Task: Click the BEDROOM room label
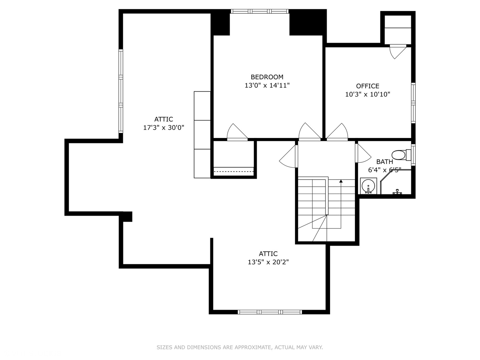click(x=267, y=77)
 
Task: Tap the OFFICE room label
click(x=367, y=86)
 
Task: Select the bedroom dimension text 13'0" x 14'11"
click(x=267, y=85)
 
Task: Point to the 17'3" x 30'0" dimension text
click(x=164, y=128)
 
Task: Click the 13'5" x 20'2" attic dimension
click(x=268, y=262)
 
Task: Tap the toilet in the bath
click(x=399, y=155)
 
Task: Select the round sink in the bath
click(x=368, y=185)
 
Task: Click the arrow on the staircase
click(x=341, y=182)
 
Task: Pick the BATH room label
click(x=384, y=162)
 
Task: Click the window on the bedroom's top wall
click(x=260, y=11)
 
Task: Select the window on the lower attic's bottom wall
click(x=270, y=312)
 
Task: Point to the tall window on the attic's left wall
click(x=121, y=91)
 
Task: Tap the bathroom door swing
click(x=363, y=154)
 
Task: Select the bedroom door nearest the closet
click(x=237, y=132)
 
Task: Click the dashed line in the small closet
click(x=234, y=172)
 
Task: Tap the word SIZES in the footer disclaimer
click(x=164, y=347)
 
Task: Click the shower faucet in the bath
click(x=397, y=192)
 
